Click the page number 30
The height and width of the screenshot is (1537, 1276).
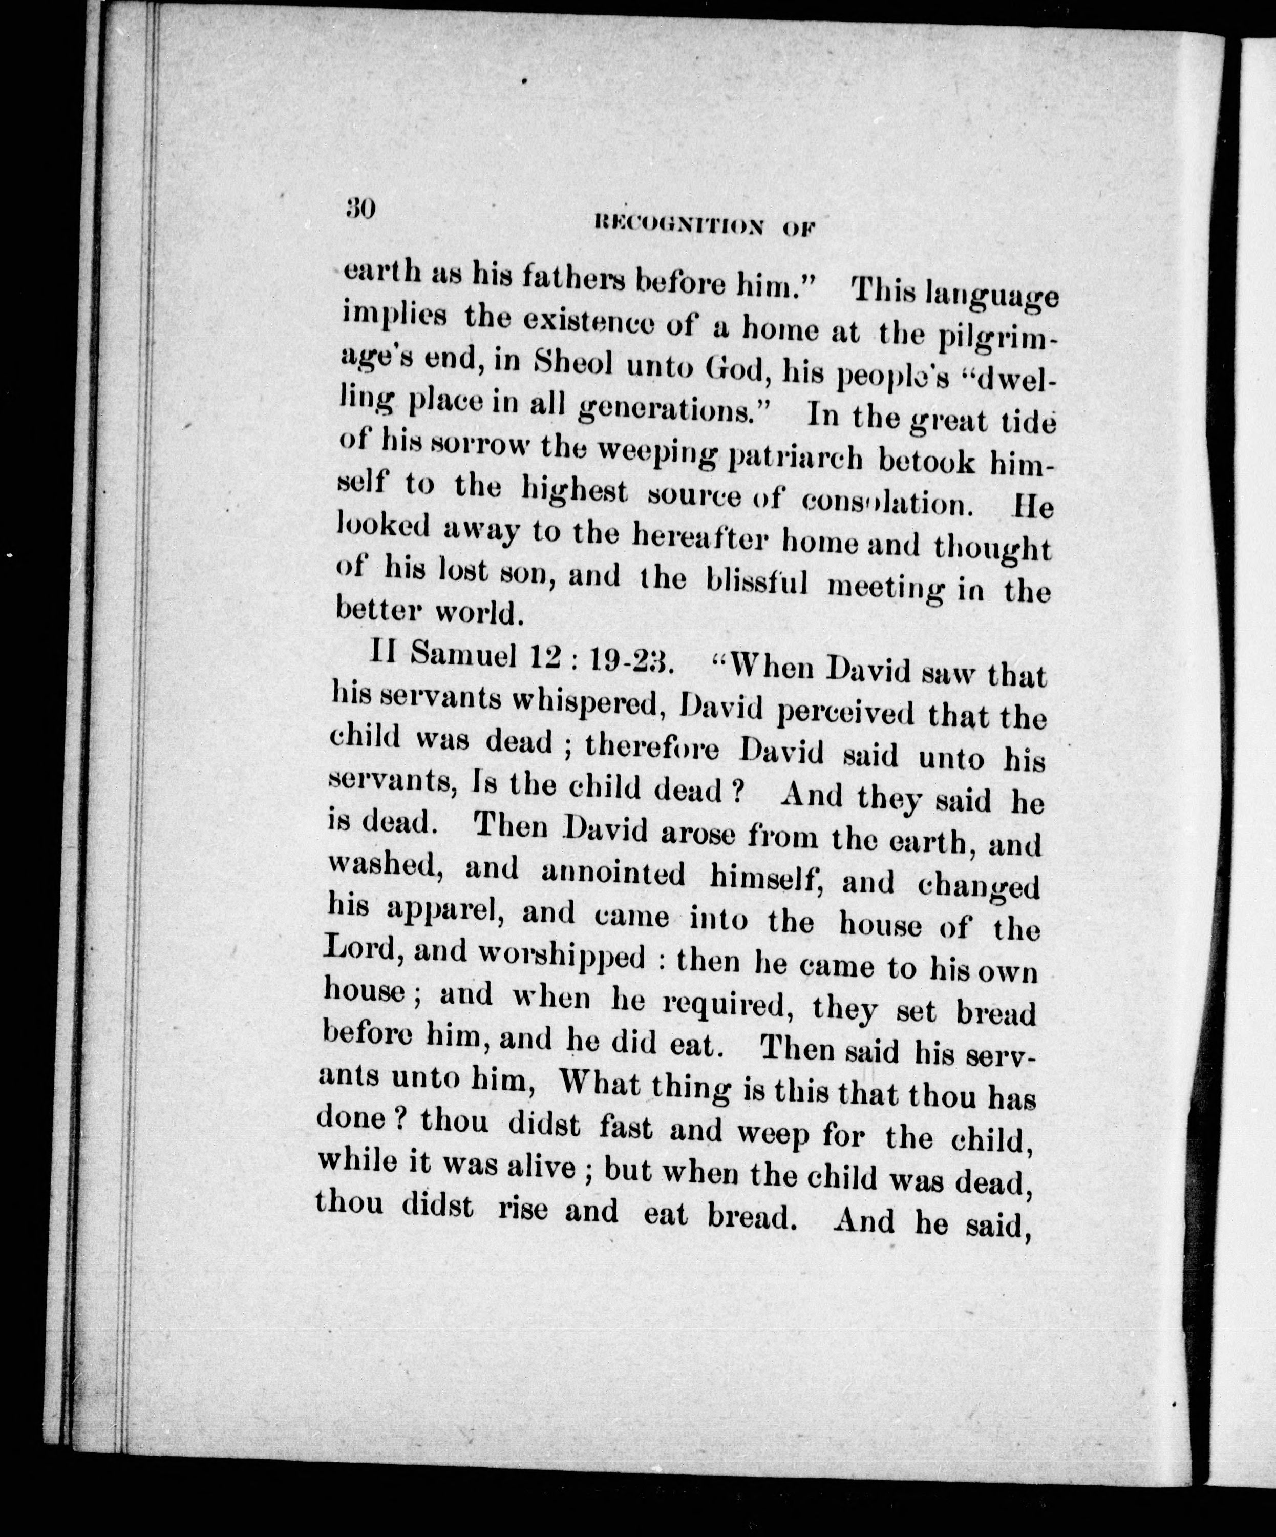[360, 210]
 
